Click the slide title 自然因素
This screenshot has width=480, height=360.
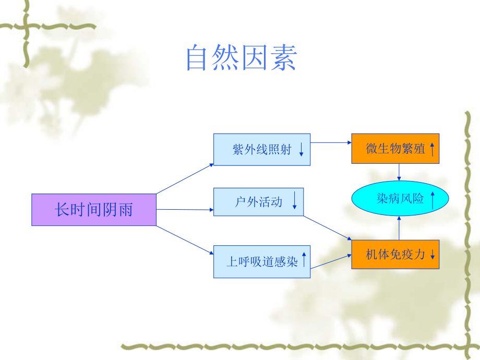tap(241, 58)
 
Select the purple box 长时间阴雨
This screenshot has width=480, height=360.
tap(94, 210)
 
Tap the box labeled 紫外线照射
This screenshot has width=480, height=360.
tap(262, 150)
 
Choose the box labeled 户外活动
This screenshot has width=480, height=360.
tap(258, 201)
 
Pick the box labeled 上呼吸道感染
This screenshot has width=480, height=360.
tap(262, 261)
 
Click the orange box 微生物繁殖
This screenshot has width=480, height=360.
tap(395, 149)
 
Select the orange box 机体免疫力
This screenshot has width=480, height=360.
tap(395, 255)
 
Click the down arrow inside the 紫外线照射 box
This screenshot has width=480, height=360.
tap(302, 150)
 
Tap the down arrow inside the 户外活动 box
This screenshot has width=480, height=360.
tap(294, 201)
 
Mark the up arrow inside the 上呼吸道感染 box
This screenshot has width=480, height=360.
tap(304, 259)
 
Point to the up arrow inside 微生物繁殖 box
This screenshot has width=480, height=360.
tap(433, 149)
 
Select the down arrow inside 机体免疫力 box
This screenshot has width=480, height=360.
tap(433, 255)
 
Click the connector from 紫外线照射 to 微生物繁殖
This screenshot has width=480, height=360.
tap(331, 142)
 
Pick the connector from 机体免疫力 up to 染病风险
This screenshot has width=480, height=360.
tap(399, 228)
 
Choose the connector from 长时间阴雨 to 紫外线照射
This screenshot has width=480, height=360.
tap(185, 178)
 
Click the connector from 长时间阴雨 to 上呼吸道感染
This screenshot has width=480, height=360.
tap(185, 240)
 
